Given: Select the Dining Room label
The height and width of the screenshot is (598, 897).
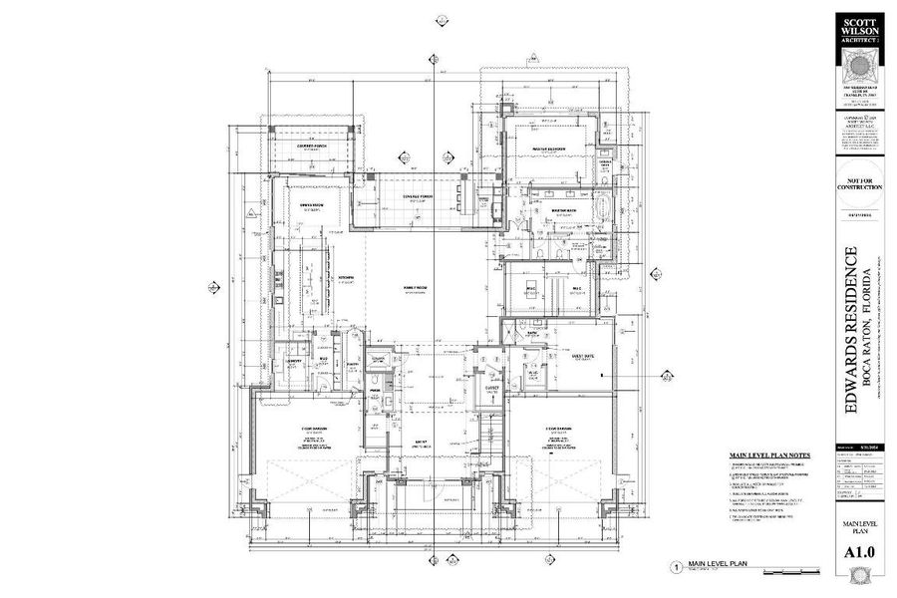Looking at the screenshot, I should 314,207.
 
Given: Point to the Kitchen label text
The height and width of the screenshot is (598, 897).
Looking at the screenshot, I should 346,277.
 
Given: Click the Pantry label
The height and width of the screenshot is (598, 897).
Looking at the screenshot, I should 352,365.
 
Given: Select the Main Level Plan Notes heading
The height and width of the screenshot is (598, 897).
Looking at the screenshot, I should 768,454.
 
